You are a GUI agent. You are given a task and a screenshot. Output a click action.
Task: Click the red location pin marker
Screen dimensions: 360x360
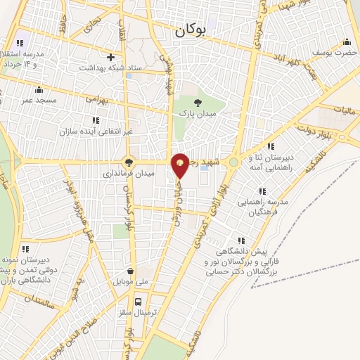click(180, 164)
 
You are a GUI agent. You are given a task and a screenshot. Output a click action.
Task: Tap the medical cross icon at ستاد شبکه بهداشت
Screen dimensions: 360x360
click(110, 57)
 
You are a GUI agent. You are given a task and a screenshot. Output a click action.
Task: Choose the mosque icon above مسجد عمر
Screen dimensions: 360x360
click(39, 90)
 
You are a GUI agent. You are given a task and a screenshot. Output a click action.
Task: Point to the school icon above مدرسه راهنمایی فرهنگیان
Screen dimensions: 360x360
click(263, 191)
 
